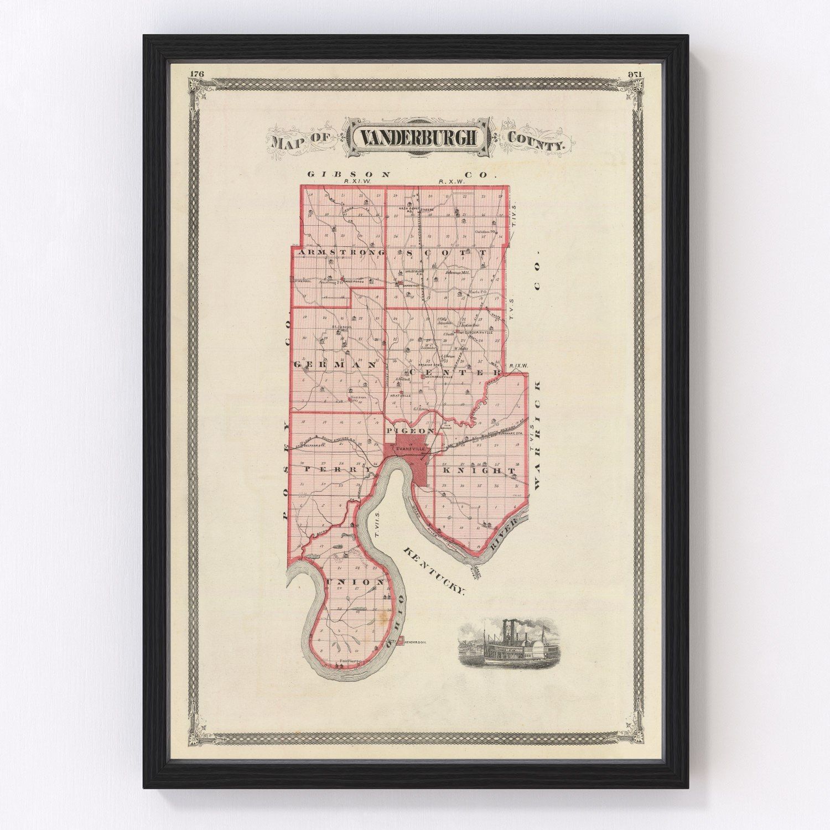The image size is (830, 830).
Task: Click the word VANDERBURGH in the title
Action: click(x=418, y=138)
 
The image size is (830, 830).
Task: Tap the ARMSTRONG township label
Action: click(x=341, y=253)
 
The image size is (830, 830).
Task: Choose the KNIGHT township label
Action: click(x=479, y=470)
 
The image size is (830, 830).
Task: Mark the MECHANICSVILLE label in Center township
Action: click(x=440, y=376)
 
